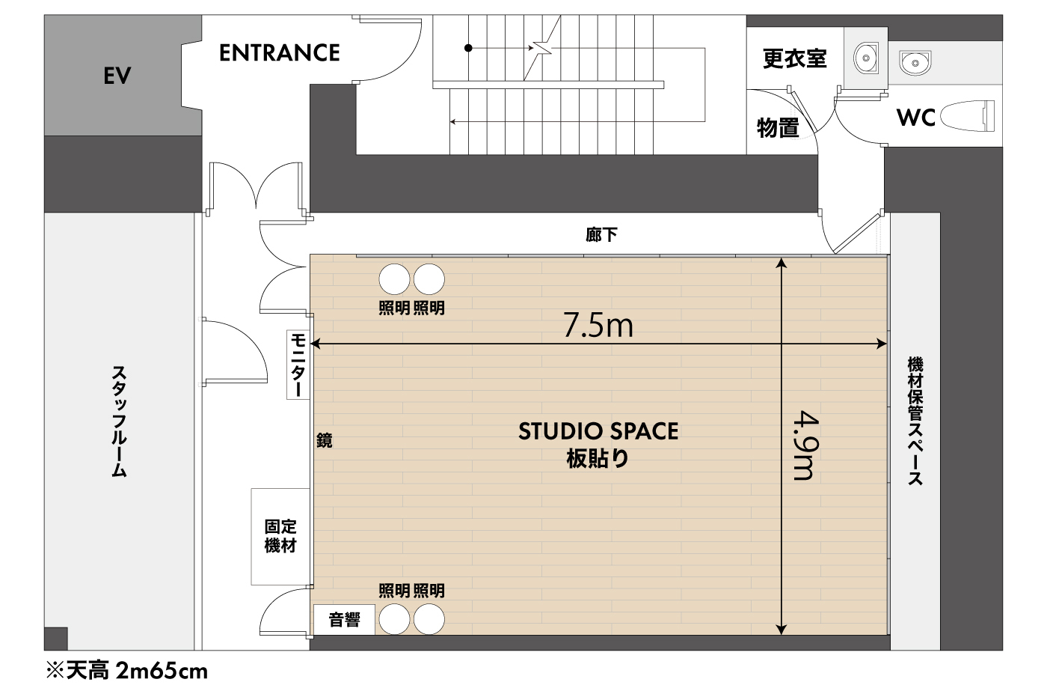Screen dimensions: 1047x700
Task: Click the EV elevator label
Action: (117, 76)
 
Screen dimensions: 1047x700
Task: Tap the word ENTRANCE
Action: (280, 53)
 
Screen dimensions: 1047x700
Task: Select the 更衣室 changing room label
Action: (794, 58)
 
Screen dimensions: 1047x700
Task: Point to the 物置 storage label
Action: (777, 127)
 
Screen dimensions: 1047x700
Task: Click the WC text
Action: (915, 118)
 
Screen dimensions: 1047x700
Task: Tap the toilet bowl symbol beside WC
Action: (967, 115)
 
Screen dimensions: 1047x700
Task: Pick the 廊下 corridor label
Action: (601, 234)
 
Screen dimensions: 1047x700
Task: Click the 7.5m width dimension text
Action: (598, 325)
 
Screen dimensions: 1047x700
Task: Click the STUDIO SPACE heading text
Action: (598, 431)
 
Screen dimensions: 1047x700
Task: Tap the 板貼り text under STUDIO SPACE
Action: (598, 458)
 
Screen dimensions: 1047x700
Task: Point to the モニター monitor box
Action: (298, 365)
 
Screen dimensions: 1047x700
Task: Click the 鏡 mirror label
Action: (324, 440)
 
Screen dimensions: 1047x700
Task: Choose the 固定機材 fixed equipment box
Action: (280, 537)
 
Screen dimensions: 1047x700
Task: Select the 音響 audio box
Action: (344, 620)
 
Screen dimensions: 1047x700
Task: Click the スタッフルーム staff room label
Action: (119, 421)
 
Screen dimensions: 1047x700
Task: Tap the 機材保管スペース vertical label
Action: (915, 421)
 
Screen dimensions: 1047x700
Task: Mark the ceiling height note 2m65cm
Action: (162, 671)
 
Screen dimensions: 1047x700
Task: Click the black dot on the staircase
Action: (468, 48)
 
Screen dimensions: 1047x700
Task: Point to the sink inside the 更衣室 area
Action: (866, 58)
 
